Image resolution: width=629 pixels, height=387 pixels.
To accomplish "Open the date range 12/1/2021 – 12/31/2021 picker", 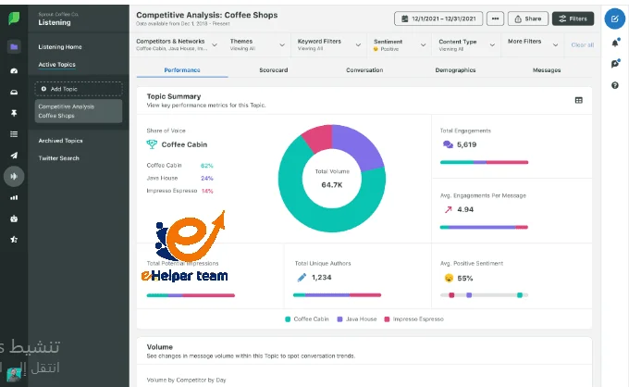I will click(439, 19).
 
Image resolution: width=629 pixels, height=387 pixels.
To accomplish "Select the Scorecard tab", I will click(275, 70).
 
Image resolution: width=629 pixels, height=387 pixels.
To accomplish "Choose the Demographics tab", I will click(455, 70).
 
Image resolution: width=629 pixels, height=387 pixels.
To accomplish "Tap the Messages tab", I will click(547, 70).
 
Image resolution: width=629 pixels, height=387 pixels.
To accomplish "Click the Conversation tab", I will click(364, 70).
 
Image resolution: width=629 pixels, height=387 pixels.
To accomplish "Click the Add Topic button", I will click(79, 89).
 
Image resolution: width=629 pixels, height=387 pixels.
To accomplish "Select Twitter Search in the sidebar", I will click(58, 158).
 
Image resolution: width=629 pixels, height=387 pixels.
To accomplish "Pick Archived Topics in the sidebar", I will click(60, 141).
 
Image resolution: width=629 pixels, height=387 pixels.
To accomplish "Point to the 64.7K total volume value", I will click(332, 185).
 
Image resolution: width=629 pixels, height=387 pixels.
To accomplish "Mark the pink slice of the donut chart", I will click(315, 136).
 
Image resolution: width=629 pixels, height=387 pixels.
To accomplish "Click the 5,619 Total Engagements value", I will click(466, 145).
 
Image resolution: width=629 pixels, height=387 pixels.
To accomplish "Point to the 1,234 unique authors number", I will click(321, 277).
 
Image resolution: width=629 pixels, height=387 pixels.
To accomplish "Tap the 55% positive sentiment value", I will click(465, 278).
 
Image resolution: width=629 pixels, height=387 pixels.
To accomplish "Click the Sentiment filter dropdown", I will click(400, 44).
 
